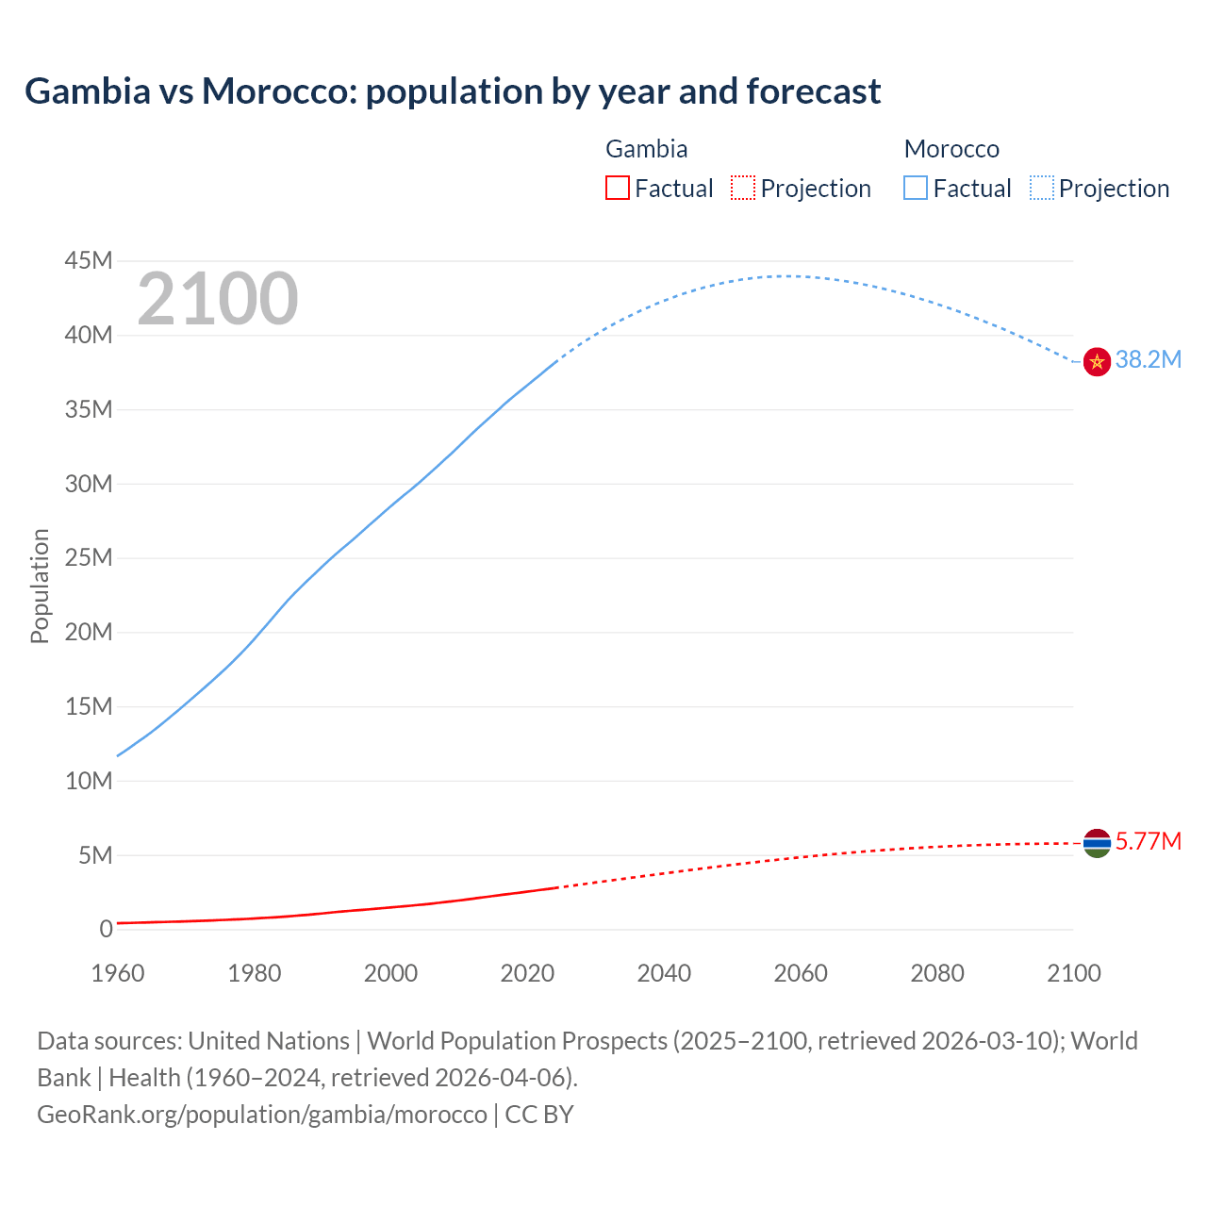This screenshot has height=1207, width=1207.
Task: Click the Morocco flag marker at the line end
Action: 1097,361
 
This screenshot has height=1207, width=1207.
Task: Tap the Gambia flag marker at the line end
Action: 1097,843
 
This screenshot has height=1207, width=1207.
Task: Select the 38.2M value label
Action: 1148,359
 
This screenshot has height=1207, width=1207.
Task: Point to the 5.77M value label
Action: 1148,841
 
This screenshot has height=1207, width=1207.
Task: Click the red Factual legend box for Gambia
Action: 617,188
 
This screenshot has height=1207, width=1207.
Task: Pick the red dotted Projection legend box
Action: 743,188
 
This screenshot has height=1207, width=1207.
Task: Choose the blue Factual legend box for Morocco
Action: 916,188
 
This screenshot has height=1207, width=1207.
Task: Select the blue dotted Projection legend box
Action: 1041,188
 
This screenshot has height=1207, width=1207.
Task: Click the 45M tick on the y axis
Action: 89,260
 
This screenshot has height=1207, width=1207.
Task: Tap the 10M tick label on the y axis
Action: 89,781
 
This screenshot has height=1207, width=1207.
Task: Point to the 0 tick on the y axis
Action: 106,929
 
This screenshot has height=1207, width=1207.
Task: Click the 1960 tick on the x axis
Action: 118,973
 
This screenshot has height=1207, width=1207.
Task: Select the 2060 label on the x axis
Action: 801,973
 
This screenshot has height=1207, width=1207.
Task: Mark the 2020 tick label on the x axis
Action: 527,973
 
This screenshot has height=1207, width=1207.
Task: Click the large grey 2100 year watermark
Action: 218,299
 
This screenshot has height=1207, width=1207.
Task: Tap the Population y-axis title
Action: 40,586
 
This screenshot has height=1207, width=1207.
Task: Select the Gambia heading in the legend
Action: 646,149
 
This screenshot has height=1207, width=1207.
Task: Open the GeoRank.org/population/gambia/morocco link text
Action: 262,1114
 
